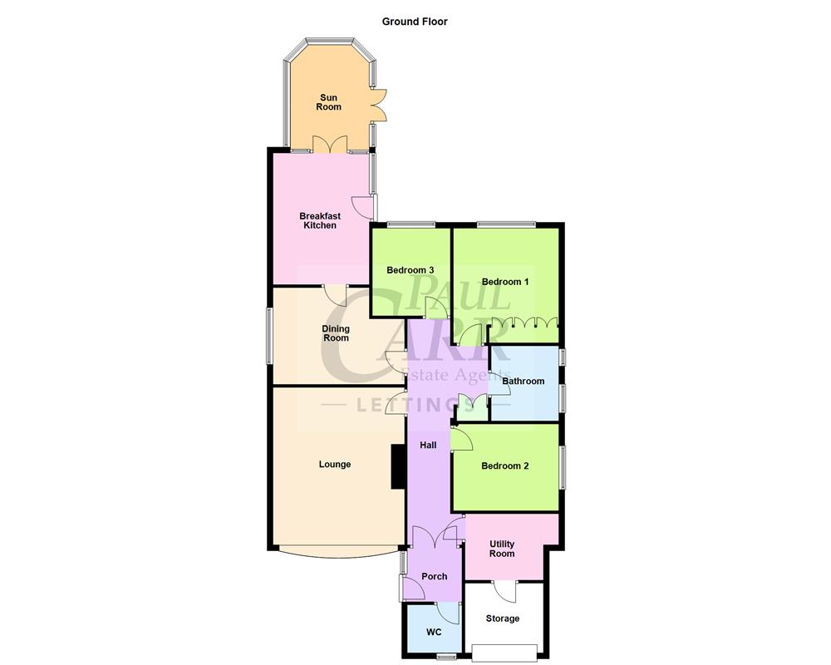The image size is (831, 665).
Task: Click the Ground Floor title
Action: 415,22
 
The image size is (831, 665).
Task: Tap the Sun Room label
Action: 329,102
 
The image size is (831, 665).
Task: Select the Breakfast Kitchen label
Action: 320,220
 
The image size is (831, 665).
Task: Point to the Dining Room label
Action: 336,333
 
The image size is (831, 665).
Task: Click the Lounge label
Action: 335,464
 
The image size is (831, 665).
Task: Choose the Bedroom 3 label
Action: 411,270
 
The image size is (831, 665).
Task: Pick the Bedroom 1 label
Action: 505,282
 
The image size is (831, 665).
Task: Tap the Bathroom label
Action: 524,382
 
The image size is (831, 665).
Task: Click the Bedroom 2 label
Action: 505,466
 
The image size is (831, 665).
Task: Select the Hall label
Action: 428,446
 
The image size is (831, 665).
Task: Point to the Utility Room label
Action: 502,549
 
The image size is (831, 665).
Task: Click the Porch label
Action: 435,576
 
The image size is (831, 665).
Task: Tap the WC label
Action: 434,633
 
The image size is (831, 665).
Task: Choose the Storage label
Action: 503,618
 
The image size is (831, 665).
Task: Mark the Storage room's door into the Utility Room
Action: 504,590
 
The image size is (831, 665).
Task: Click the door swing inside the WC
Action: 449,613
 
